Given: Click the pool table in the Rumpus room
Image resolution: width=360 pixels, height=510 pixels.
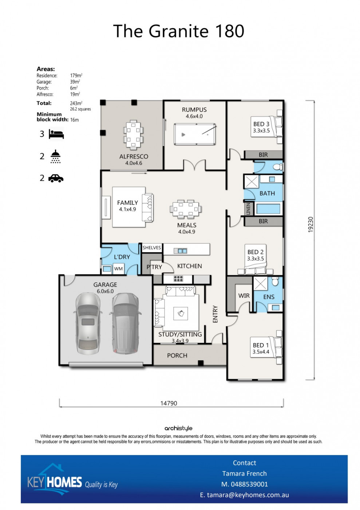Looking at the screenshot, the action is click(194, 134).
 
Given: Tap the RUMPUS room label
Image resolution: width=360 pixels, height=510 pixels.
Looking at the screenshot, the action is click(194, 110).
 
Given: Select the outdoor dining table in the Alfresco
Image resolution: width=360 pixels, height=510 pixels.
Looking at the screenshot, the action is click(133, 135).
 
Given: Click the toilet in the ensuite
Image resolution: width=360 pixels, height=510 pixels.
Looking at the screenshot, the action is click(275, 281).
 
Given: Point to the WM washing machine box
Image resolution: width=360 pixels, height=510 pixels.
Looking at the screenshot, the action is click(118, 268).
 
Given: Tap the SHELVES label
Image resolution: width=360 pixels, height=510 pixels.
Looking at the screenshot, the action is click(151, 248).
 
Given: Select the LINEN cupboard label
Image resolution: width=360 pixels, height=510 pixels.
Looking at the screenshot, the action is click(248, 208).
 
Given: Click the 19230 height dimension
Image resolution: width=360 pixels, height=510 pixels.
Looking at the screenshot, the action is click(310, 224).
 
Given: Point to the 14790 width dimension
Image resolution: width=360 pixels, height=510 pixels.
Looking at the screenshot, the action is click(169, 403).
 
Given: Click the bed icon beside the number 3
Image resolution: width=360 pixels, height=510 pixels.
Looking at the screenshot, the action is click(56, 134).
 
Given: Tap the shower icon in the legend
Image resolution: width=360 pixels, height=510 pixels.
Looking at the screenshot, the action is click(56, 157).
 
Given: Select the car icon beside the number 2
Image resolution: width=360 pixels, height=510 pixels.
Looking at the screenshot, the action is click(56, 178).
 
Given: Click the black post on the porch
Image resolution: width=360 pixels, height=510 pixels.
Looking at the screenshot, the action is click(201, 363).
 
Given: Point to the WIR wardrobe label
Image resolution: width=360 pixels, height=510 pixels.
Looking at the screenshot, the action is click(244, 295).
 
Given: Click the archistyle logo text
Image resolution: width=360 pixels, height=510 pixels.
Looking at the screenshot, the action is click(178, 428).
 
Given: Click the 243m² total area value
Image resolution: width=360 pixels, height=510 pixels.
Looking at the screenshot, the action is click(76, 103).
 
